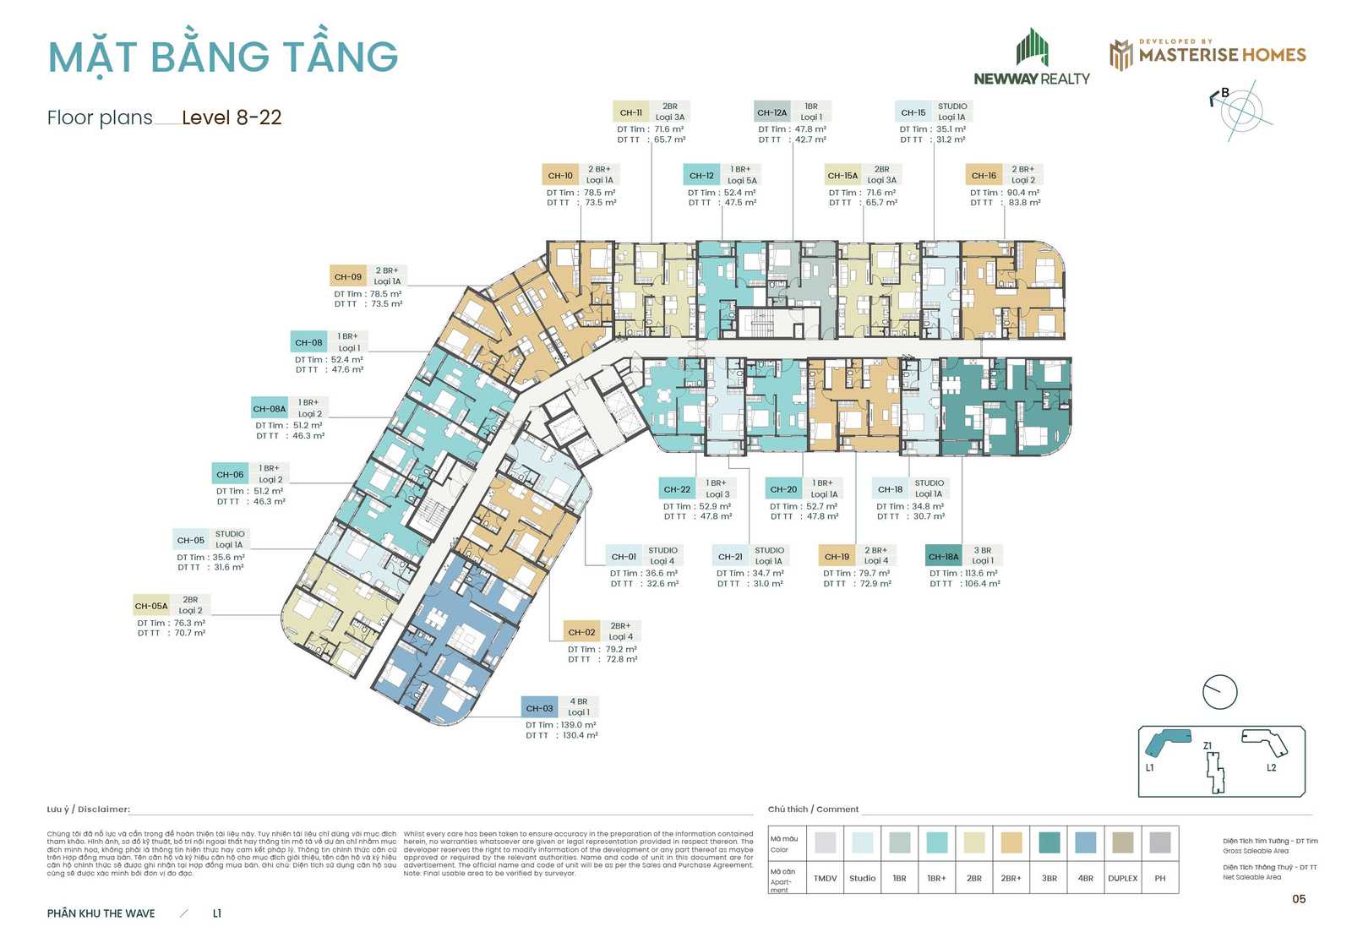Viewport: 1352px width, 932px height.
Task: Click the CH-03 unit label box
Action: point(539,708)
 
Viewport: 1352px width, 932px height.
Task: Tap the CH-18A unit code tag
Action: point(943,557)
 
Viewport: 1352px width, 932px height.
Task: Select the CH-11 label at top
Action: point(630,112)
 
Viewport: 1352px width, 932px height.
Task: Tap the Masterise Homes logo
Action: point(1208,54)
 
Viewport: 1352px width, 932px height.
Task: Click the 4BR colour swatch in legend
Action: point(1085,842)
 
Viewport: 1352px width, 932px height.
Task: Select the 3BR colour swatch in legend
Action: point(1049,842)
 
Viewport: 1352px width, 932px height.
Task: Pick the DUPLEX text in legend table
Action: point(1122,879)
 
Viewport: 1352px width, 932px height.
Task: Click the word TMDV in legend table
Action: point(825,879)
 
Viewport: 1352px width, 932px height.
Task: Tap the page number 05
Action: point(1299,899)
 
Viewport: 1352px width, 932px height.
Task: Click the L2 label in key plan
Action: point(1272,768)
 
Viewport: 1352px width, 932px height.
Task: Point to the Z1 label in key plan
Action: point(1208,746)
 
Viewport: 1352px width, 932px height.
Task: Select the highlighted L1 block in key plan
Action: point(1168,741)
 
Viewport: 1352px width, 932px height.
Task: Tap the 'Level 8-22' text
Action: point(232,117)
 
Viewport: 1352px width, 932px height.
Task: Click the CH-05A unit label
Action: point(151,606)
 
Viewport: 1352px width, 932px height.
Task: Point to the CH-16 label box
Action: point(984,176)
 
